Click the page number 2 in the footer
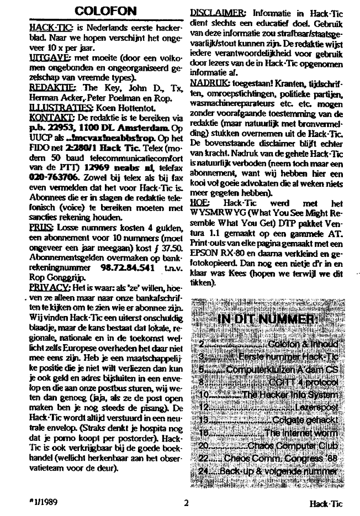point(187,503)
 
